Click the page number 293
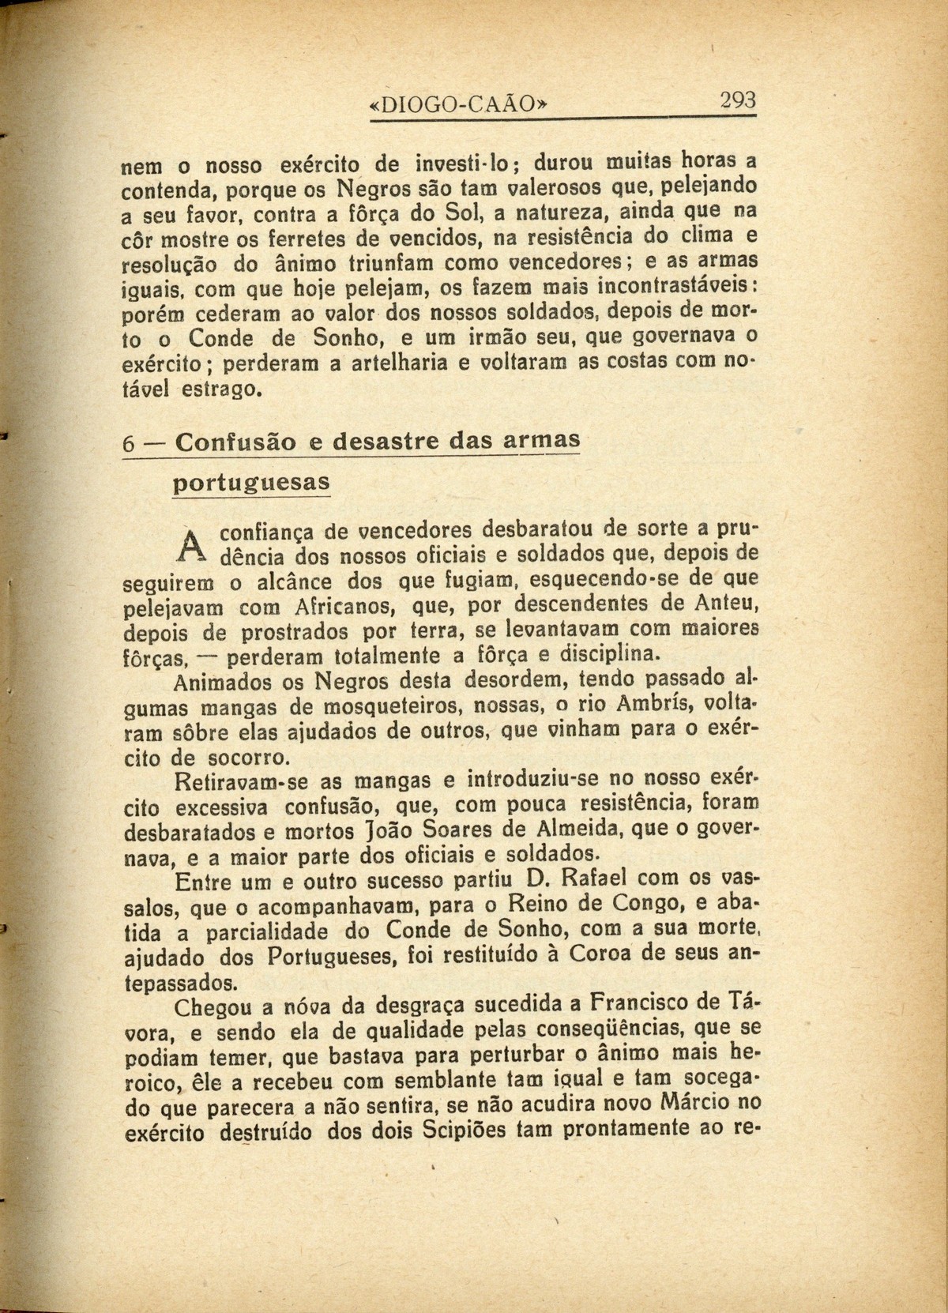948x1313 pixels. point(737,102)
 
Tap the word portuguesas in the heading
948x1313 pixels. point(250,481)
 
